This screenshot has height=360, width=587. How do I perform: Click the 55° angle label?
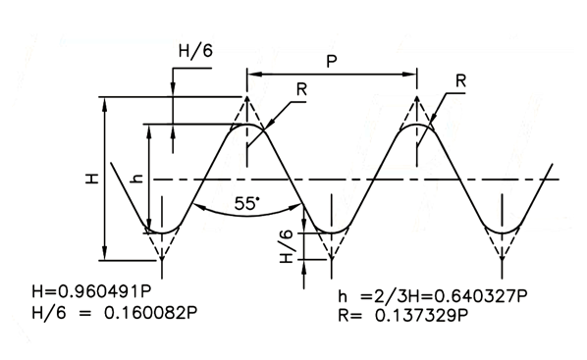click(246, 204)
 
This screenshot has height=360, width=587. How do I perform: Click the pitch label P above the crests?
click(332, 61)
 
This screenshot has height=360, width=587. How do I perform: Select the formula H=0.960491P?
click(92, 292)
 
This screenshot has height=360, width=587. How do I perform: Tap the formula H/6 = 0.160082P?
click(115, 313)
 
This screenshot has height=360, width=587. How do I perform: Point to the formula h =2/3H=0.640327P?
click(433, 296)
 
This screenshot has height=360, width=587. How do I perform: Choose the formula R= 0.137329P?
click(403, 316)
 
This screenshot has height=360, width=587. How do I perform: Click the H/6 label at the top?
click(195, 51)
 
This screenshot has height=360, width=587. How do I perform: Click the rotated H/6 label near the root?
click(287, 246)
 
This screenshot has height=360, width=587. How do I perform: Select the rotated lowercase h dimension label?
click(136, 180)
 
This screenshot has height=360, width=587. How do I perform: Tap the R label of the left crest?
click(301, 89)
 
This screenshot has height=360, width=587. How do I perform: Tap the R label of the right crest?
click(460, 80)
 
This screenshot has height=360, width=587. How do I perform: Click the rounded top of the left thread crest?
click(246, 125)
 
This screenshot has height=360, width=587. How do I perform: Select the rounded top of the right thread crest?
click(416, 125)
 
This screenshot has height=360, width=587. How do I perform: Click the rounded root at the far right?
click(502, 232)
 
